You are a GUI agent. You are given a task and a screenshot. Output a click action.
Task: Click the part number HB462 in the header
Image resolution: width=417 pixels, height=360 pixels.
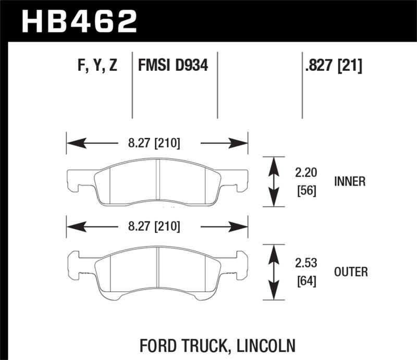click(78, 21)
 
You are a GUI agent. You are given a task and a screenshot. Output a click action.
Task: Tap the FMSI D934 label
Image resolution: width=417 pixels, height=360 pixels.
click(173, 66)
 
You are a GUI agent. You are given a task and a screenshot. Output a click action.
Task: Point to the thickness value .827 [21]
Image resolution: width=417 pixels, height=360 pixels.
click(332, 66)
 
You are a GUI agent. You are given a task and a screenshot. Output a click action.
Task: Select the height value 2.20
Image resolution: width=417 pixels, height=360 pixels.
click(305, 172)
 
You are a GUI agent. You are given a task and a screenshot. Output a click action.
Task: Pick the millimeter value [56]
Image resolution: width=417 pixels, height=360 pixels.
click(305, 190)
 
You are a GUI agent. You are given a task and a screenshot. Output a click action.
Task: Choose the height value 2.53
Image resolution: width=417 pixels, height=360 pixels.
click(305, 263)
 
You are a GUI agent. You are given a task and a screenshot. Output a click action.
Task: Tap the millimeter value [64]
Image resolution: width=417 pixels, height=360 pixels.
click(305, 282)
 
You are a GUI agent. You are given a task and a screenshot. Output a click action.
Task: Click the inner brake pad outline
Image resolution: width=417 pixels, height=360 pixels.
click(156, 182)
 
